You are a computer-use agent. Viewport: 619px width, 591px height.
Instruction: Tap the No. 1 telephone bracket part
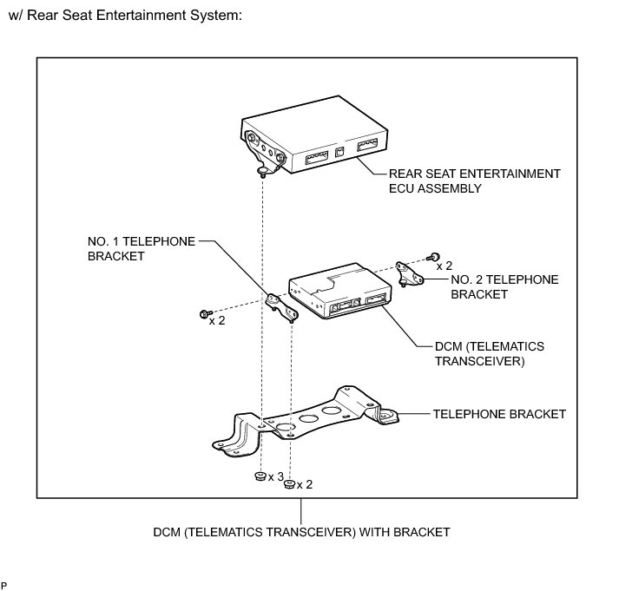tap(283, 307)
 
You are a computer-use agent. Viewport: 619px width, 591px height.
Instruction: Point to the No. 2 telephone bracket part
tap(408, 273)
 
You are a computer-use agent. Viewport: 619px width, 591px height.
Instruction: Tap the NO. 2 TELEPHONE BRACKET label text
tap(504, 286)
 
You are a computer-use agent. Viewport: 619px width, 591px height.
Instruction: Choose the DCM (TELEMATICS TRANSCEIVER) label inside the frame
tap(490, 353)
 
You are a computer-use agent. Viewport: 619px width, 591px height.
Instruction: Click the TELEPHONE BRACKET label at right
tap(499, 414)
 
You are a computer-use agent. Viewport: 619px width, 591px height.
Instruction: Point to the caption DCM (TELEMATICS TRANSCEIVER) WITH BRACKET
tap(301, 531)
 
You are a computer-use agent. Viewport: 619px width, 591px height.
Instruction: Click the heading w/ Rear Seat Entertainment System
tap(124, 16)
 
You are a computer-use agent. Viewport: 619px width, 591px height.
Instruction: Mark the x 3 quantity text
tap(276, 476)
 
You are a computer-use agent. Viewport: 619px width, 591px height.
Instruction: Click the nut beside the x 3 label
tap(260, 476)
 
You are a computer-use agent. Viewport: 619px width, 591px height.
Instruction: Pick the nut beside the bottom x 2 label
tap(290, 484)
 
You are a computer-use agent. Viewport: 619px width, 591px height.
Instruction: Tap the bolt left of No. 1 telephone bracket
tap(205, 312)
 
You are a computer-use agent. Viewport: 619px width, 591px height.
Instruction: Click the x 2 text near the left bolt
tap(217, 320)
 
